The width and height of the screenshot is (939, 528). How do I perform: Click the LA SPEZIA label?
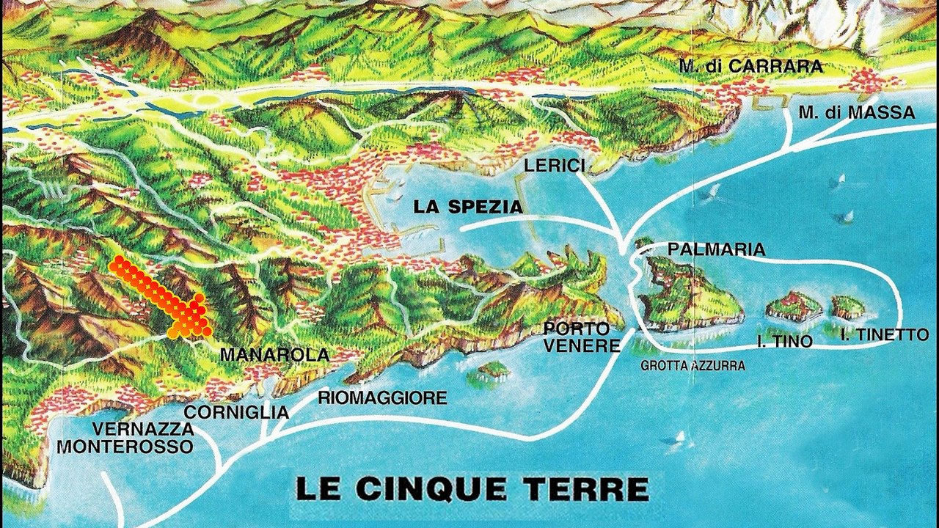468,208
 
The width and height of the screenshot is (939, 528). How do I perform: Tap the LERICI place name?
555,166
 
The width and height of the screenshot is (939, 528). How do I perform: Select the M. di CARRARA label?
750,67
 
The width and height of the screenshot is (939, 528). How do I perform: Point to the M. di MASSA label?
856,113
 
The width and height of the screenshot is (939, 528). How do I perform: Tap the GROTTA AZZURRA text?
693,365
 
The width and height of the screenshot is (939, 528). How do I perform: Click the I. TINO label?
784,341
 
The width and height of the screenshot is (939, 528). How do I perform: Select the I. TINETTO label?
885,335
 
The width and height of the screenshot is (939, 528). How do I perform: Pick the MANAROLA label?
274,355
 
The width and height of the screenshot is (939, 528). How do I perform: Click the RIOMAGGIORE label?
382,398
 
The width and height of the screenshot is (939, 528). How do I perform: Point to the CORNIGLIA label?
236,412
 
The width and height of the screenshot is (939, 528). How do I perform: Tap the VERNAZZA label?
143,429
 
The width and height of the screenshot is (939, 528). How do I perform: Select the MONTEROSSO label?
125,446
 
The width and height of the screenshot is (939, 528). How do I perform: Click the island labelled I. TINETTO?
848,307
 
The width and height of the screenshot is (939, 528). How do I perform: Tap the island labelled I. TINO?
794,306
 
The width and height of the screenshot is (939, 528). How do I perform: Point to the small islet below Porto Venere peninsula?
492,370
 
